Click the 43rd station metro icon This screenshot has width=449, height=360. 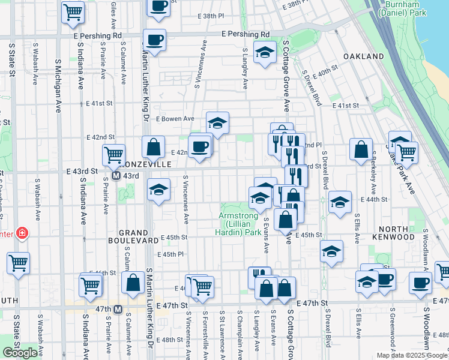pyautogui.click(x=118, y=176)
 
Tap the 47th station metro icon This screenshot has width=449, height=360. pyautogui.click(x=118, y=309)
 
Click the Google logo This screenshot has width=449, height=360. pyautogui.click(x=20, y=353)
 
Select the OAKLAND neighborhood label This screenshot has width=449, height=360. pyautogui.click(x=364, y=56)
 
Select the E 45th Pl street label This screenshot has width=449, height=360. pyautogui.click(x=170, y=254)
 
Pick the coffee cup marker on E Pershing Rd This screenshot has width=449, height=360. pyautogui.click(x=155, y=40)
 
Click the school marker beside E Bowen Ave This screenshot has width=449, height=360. pyautogui.click(x=217, y=123)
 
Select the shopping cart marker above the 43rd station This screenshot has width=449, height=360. pyautogui.click(x=113, y=154)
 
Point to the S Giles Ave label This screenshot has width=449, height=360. pyautogui.click(x=113, y=15)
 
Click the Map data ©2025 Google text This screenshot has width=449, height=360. pyautogui.click(x=412, y=355)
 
